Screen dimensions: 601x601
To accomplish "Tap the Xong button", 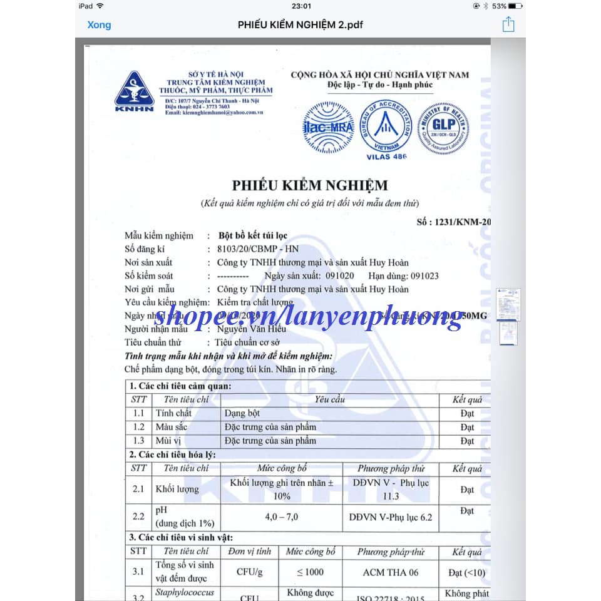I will coord(99,25).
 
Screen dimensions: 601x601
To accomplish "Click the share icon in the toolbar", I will coord(508,24).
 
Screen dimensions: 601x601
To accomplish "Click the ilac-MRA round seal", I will coord(329,128).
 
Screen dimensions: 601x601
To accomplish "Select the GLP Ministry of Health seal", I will coord(444,128).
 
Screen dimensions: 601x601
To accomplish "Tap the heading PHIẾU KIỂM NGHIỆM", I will coord(310,185).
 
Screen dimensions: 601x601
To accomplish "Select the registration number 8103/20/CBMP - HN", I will coord(253,249).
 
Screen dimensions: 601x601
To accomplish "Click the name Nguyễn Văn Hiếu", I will coord(251,329).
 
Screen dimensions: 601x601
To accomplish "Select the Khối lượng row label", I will coord(177,489).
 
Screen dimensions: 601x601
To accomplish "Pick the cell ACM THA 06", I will coord(391,572).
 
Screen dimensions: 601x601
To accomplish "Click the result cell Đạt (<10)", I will coord(466,572).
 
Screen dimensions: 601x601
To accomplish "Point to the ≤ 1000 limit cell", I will coord(311,572).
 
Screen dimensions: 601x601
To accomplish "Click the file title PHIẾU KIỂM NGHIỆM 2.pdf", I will coord(300,25).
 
